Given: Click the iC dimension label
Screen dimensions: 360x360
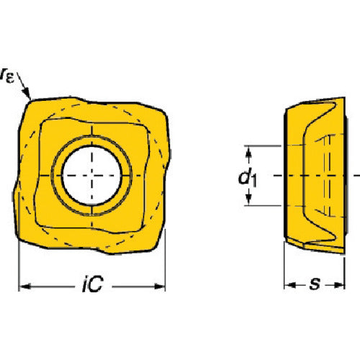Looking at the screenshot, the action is (x=93, y=284).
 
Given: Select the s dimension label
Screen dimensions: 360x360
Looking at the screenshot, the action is (x=315, y=284).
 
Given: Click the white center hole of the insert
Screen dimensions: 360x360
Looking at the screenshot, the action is (x=91, y=176).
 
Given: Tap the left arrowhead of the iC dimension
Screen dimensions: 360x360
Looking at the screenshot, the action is (x=24, y=287).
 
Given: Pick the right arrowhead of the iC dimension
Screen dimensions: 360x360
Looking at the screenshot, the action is (x=159, y=287).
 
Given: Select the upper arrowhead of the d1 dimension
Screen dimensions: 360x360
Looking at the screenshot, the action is (x=249, y=152).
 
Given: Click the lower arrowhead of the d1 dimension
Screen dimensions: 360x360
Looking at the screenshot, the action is (x=249, y=199).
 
